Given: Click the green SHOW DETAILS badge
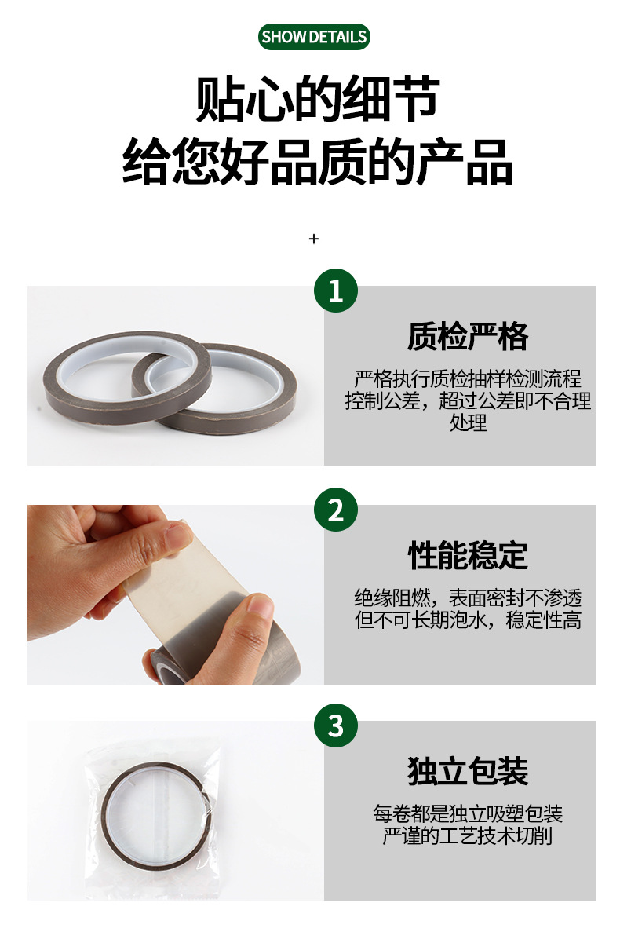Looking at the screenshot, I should [x=314, y=37].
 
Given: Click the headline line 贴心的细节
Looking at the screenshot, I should [x=316, y=99].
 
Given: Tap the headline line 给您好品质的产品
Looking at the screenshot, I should [x=317, y=161].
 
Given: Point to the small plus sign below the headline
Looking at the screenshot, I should [x=314, y=239].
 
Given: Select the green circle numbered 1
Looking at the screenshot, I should [x=336, y=291].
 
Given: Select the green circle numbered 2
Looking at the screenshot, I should [x=336, y=510].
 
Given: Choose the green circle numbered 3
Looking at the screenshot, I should [x=336, y=726].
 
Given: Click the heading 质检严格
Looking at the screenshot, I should [x=468, y=337].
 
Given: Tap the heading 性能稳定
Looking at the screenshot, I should [x=468, y=556].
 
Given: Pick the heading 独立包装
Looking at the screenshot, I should [x=468, y=772].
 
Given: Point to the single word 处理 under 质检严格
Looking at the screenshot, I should [x=468, y=423].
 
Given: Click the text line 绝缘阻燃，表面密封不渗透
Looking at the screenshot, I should [x=468, y=598].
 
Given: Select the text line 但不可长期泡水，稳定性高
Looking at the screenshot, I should [x=468, y=620].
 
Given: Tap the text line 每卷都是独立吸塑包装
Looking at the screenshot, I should [x=468, y=814].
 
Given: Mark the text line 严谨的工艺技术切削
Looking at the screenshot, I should [x=468, y=836].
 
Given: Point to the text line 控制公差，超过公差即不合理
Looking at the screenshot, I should [x=468, y=401].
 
